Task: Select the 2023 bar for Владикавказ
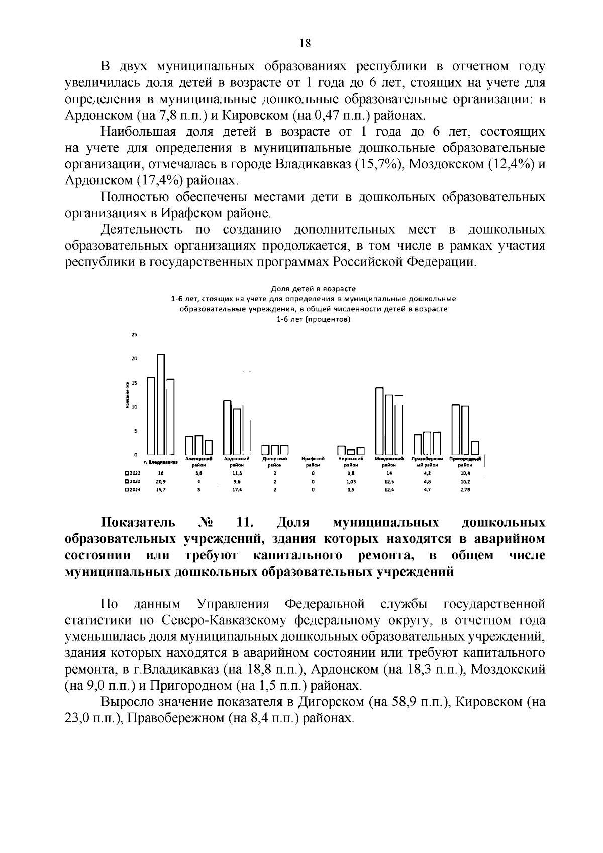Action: click(161, 404)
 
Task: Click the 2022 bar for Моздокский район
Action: click(379, 421)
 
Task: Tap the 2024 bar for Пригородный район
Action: click(475, 447)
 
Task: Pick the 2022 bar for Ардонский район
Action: click(227, 427)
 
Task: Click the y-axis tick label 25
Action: click(134, 335)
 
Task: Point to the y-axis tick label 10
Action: click(134, 407)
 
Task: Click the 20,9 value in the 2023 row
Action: click(161, 482)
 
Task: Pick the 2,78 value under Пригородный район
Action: click(465, 490)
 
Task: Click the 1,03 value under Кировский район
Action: click(351, 482)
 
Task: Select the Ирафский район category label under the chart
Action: click(313, 462)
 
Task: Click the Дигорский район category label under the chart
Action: click(275, 462)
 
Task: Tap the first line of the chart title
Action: click(313, 289)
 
